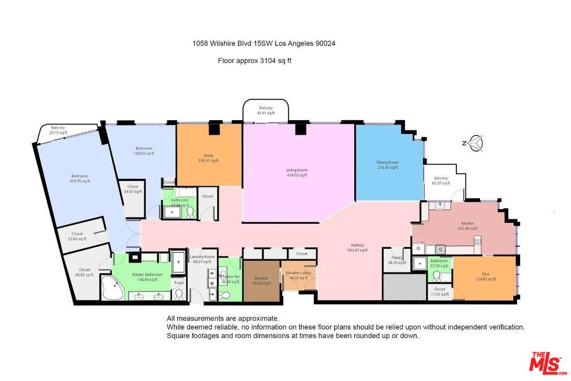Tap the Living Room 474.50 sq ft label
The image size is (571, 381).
click(297, 173)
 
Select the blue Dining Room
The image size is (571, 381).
click(388, 165)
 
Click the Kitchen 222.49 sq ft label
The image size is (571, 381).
click(467, 226)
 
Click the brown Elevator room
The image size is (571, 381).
click(261, 281)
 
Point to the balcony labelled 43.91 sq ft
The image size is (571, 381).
click(266, 110)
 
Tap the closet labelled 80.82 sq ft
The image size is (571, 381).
click(85, 273)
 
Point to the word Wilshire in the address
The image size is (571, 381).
click(223, 44)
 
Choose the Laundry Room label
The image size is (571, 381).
click(202, 259)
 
